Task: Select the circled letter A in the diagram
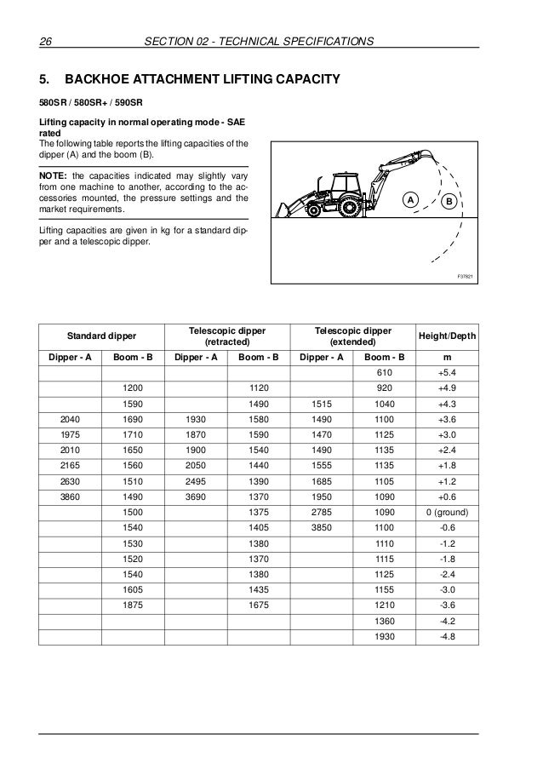click(x=409, y=200)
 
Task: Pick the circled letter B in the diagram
click(x=447, y=200)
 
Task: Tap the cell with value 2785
click(x=321, y=511)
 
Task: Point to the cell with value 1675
click(x=259, y=603)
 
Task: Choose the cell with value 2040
click(x=71, y=419)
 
